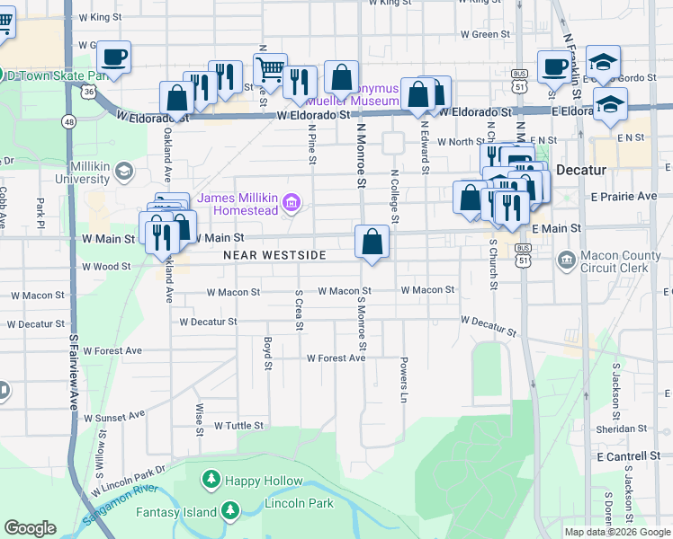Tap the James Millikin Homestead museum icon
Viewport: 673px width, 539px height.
tap(291, 204)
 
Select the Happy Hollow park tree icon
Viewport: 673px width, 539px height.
tap(211, 481)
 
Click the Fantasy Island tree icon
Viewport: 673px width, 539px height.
tap(230, 512)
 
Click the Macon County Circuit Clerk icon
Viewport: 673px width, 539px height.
tap(567, 260)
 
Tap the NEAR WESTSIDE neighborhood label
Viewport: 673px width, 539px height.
tap(274, 255)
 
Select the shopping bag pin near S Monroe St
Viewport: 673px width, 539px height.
tap(372, 241)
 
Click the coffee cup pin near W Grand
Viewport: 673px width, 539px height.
tap(114, 57)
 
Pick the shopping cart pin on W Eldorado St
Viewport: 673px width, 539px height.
tap(269, 68)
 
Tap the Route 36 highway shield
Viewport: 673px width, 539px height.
tap(87, 92)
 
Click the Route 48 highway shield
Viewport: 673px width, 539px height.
tap(68, 120)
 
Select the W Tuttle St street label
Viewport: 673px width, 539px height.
tap(238, 425)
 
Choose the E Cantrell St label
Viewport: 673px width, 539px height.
tap(628, 457)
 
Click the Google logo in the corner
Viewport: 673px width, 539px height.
tap(30, 528)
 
